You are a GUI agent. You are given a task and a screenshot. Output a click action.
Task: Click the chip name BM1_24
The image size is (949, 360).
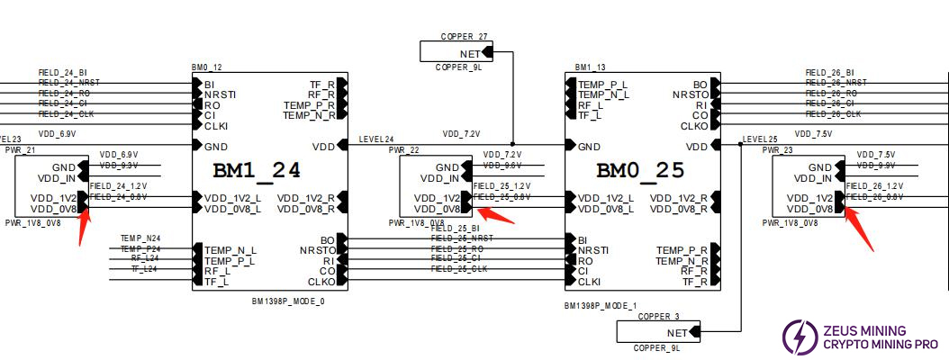pos(257,170)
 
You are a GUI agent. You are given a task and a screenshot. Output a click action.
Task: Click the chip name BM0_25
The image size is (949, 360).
pos(640,170)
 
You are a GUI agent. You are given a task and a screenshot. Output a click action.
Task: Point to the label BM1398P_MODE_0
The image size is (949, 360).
pos(288,301)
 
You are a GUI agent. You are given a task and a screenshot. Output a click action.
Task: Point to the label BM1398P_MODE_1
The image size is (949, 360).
pos(601,306)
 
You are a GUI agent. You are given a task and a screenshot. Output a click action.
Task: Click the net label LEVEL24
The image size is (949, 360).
pos(376,139)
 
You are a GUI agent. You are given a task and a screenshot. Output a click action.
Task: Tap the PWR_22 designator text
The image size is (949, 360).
pos(403,150)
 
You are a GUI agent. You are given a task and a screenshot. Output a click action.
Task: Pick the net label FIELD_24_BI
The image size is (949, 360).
pos(63,72)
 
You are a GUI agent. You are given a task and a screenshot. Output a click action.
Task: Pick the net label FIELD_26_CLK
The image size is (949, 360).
pos(833,114)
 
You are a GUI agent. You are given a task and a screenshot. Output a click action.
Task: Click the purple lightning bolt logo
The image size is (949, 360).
pos(796,336)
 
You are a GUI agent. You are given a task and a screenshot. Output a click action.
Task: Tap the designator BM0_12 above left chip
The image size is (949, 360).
pos(206,67)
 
